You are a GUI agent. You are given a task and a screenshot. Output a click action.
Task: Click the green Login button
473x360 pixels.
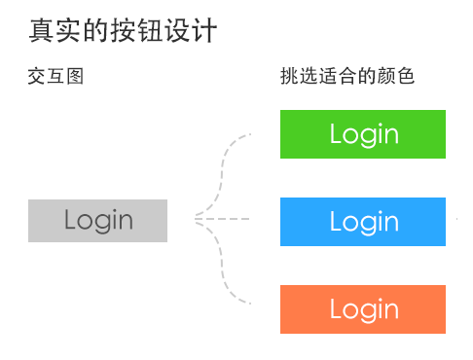[x=363, y=134]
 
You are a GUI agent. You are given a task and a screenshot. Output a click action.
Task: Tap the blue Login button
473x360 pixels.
[x=363, y=222]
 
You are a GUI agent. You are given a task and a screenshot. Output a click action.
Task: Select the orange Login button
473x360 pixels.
[x=363, y=309]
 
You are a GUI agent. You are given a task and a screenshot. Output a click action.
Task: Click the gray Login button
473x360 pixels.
[x=98, y=220]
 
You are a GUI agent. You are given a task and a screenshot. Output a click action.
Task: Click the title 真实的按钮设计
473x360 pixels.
[x=123, y=31]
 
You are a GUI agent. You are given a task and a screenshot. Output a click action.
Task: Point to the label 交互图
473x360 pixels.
[x=55, y=76]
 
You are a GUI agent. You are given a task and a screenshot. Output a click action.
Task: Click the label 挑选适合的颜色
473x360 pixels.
[x=347, y=76]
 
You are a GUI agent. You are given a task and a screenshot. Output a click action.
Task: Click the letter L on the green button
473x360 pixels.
[x=336, y=133]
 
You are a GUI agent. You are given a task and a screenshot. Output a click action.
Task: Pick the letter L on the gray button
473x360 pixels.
[x=71, y=219]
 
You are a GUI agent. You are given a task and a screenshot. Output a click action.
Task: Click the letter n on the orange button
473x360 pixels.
[x=391, y=310]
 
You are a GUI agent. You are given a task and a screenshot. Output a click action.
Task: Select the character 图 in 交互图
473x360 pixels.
[x=74, y=76]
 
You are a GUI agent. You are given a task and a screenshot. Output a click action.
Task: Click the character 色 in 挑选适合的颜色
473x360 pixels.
[x=406, y=76]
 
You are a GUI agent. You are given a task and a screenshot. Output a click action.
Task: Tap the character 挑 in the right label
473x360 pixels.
[x=289, y=76]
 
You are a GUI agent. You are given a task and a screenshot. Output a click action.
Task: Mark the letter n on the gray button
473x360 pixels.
[x=126, y=221]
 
